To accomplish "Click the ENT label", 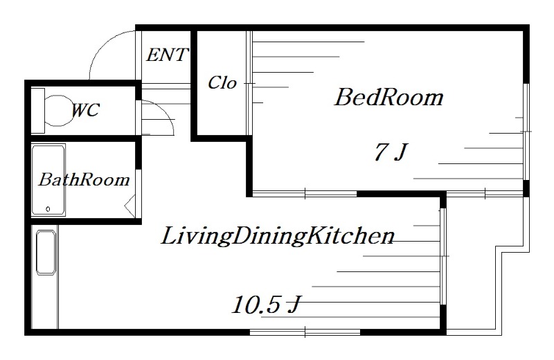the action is (167, 55).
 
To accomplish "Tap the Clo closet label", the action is (222, 83).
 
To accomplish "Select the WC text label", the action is (85, 110).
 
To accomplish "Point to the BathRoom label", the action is (84, 179).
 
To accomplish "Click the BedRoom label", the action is (388, 97).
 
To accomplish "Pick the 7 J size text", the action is (391, 152).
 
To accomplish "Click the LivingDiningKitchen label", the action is (278, 236).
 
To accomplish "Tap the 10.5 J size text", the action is (266, 305).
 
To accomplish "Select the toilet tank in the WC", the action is (38, 111).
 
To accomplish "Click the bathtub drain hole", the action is (48, 209).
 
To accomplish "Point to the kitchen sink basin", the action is (46, 253).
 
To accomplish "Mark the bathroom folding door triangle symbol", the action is (130, 206).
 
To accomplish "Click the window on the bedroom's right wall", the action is (526, 132).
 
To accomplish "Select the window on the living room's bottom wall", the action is (305, 332).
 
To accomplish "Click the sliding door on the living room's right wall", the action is (443, 256).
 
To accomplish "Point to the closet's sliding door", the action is (249, 83).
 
